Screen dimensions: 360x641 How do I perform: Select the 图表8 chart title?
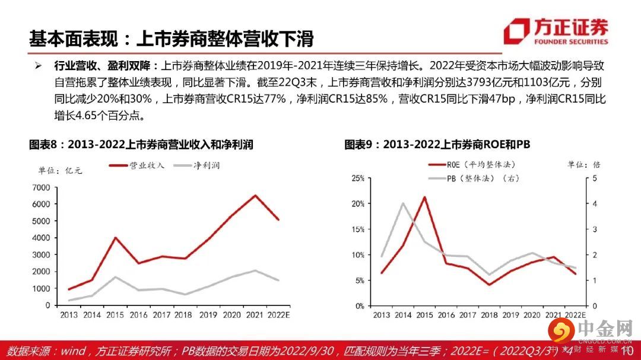point(145,145)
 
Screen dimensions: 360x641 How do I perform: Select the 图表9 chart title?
point(437,145)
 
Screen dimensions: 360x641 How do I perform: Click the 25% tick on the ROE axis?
point(357,178)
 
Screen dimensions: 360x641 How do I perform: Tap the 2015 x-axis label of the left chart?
point(116,315)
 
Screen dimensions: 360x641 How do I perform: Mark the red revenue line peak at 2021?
point(255,195)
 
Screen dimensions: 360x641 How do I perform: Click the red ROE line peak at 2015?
point(424,197)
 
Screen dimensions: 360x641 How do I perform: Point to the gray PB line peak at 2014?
point(403,203)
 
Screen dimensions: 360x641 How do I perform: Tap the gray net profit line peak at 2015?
point(116,276)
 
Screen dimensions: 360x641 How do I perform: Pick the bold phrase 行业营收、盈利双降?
point(104,65)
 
